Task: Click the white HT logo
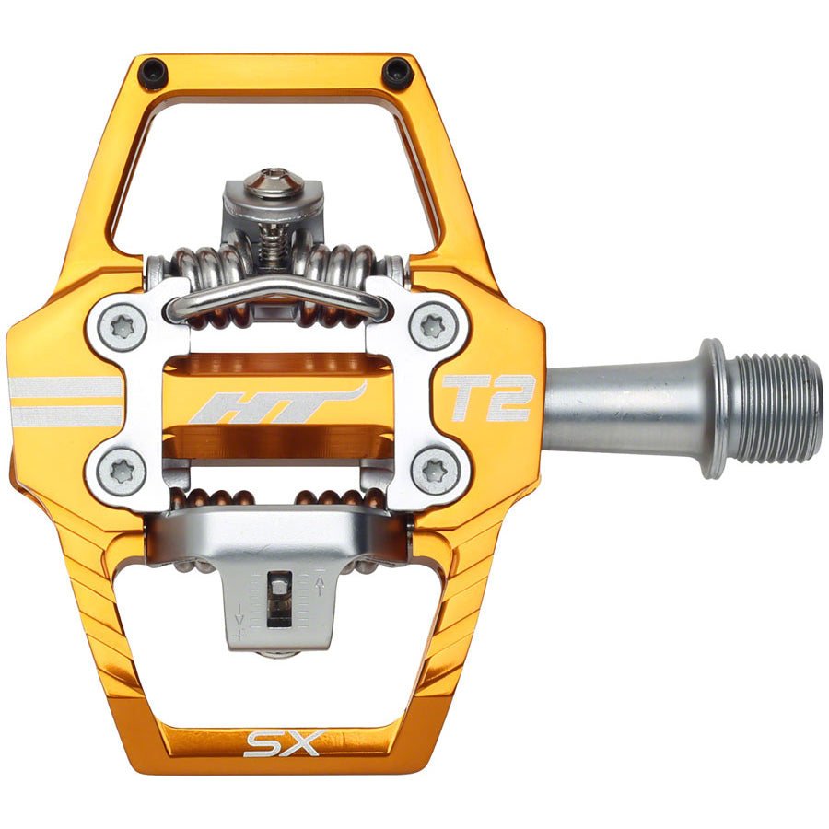click(x=276, y=403)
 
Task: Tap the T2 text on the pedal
click(x=485, y=398)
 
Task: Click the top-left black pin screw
click(x=152, y=71)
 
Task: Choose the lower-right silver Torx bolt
click(x=432, y=473)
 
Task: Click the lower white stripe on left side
click(x=64, y=416)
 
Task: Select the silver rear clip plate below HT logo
click(x=276, y=534)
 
